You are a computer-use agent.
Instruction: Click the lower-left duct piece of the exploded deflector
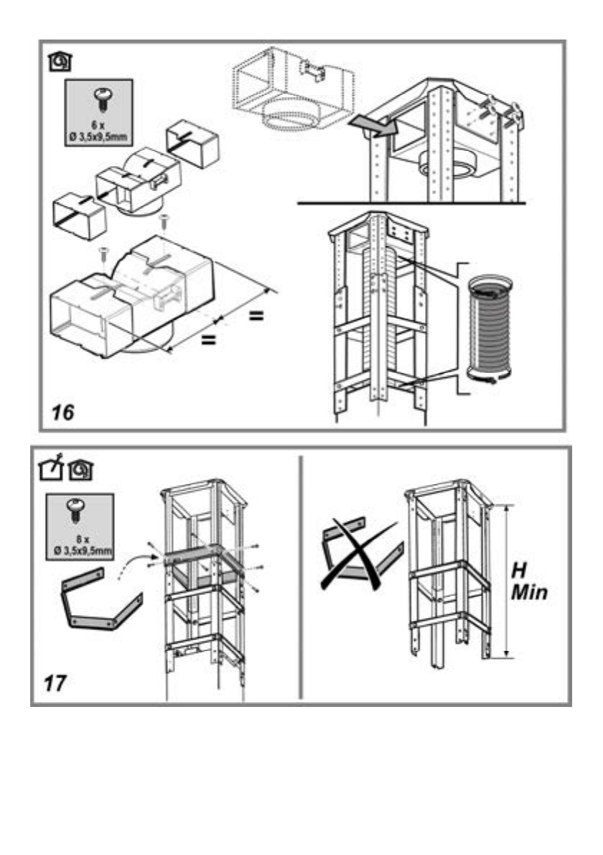80,213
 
